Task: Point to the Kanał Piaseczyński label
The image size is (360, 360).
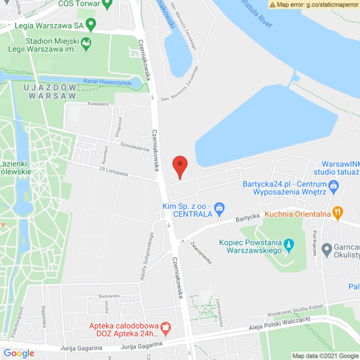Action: pos(107,83)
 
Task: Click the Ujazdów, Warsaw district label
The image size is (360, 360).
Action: pos(51,92)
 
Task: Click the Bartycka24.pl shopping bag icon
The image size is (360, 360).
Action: pos(333,184)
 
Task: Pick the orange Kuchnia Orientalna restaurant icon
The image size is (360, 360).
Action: pos(337,212)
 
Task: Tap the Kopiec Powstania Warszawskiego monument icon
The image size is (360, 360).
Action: pos(289,244)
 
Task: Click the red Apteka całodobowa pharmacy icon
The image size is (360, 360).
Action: pos(165,326)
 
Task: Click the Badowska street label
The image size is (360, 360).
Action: pos(109,296)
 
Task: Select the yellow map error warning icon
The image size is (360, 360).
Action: pos(272,4)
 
